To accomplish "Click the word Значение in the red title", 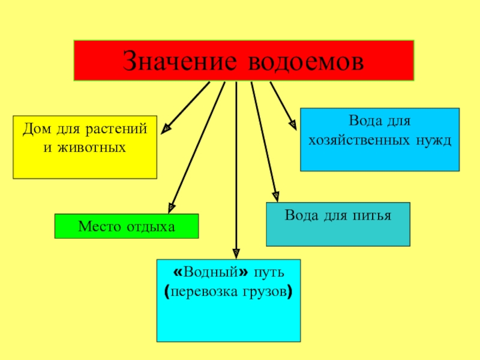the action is pos(174,61).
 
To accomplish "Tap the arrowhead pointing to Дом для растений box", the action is pos(167,127).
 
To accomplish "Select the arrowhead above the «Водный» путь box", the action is pos(236,253).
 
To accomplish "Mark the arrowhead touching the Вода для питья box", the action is pos(275,196).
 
